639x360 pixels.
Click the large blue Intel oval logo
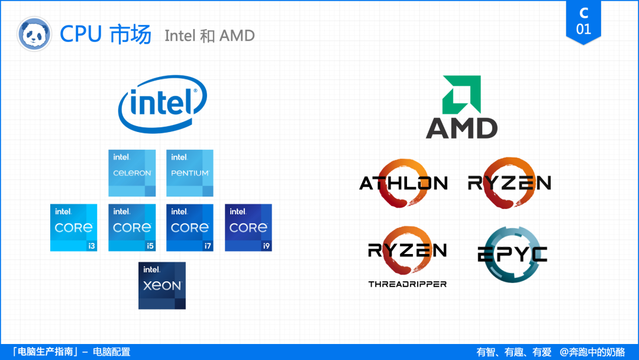click(x=162, y=103)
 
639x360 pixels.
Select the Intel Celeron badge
click(x=132, y=173)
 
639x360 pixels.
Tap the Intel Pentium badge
click(x=190, y=173)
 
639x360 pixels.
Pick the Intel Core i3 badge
click(x=73, y=227)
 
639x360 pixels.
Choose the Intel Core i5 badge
click(x=132, y=227)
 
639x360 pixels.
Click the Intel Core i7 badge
click(x=190, y=227)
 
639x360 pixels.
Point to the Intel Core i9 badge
click(x=248, y=227)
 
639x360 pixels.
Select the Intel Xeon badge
click(x=162, y=285)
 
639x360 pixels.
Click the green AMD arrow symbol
click(x=462, y=94)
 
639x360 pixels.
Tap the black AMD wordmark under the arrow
click(x=461, y=128)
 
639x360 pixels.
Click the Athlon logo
click(x=404, y=183)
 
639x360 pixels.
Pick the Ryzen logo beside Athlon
click(x=509, y=183)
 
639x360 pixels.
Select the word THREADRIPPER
click(x=407, y=284)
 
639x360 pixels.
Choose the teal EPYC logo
click(x=512, y=254)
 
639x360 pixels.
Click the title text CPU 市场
click(x=106, y=34)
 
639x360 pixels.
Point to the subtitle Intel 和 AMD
click(x=209, y=36)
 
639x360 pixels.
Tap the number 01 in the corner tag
click(x=583, y=29)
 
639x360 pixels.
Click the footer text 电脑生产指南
click(x=48, y=352)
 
